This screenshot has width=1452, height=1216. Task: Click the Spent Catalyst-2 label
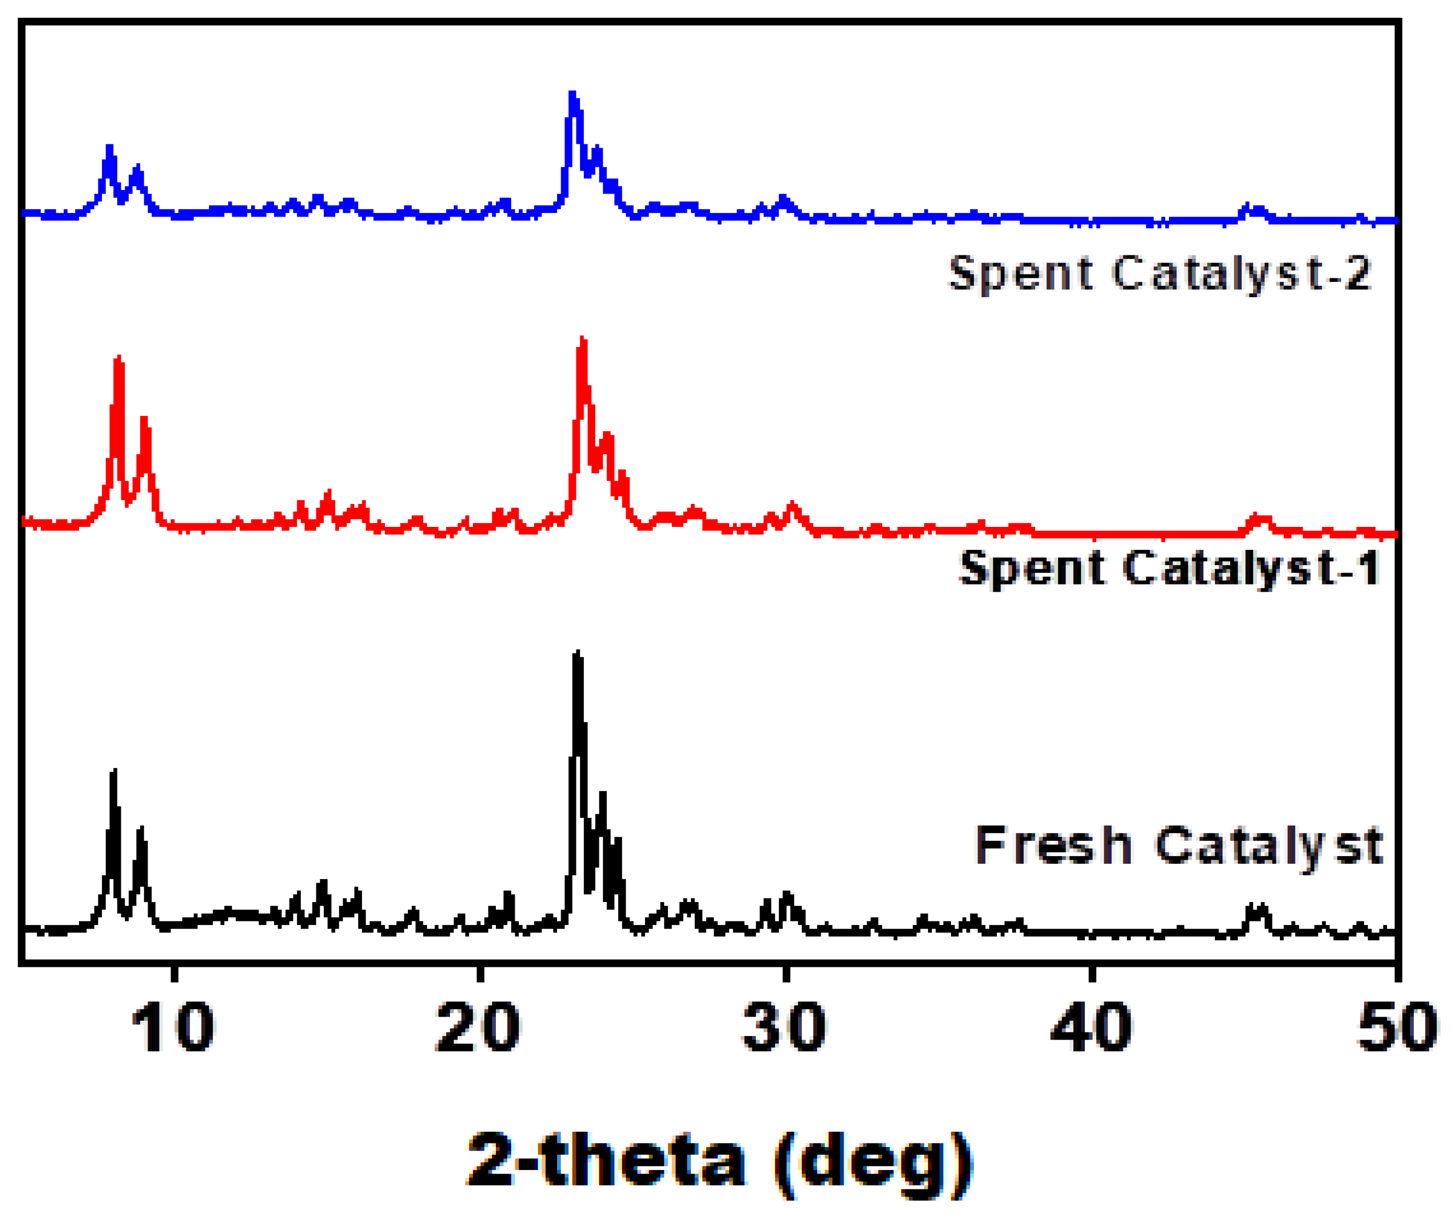[x=1159, y=273]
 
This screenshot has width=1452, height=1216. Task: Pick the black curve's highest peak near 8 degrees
[x=114, y=772]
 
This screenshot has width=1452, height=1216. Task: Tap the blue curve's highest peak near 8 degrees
[x=109, y=148]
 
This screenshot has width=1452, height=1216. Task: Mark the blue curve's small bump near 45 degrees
[x=1253, y=208]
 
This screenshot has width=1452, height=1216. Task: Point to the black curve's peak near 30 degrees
[x=786, y=895]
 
